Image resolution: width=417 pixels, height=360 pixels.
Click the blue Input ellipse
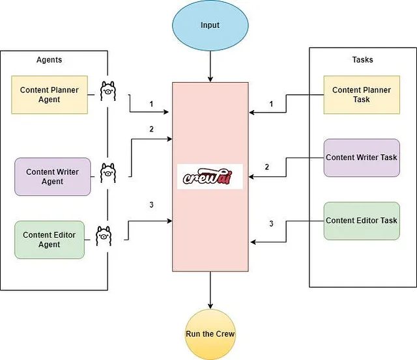pyautogui.click(x=210, y=25)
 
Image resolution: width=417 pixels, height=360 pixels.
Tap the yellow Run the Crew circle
pyautogui.click(x=210, y=334)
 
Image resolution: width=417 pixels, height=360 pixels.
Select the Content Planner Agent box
pyautogui.click(x=50, y=95)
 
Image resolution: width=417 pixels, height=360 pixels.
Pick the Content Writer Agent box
pyautogui.click(x=53, y=176)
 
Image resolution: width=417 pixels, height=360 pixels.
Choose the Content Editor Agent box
pyautogui.click(x=50, y=240)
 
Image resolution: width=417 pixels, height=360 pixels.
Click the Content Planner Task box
pyautogui.click(x=362, y=95)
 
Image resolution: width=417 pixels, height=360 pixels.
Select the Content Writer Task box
pyautogui.click(x=362, y=158)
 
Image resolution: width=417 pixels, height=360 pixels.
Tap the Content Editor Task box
pyautogui.click(x=362, y=221)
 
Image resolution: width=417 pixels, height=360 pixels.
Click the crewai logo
pyautogui.click(x=210, y=176)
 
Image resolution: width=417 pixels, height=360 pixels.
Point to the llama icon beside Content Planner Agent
pyautogui.click(x=108, y=91)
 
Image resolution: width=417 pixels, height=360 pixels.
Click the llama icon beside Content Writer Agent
pyautogui.click(x=108, y=173)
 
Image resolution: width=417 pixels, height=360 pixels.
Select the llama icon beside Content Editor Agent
pyautogui.click(x=104, y=236)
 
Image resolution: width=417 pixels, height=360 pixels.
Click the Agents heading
pyautogui.click(x=50, y=60)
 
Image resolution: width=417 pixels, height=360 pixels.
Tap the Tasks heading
pyautogui.click(x=362, y=59)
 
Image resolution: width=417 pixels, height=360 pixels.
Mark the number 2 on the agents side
pyautogui.click(x=151, y=129)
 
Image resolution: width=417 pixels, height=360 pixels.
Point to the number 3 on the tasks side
pyautogui.click(x=271, y=223)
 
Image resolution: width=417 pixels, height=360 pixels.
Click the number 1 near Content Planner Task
pyautogui.click(x=271, y=104)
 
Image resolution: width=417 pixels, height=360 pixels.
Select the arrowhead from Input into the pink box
pyautogui.click(x=210, y=79)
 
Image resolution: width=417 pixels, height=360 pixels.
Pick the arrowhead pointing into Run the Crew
pyautogui.click(x=210, y=307)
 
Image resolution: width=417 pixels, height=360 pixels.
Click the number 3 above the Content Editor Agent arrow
pyautogui.click(x=151, y=205)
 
